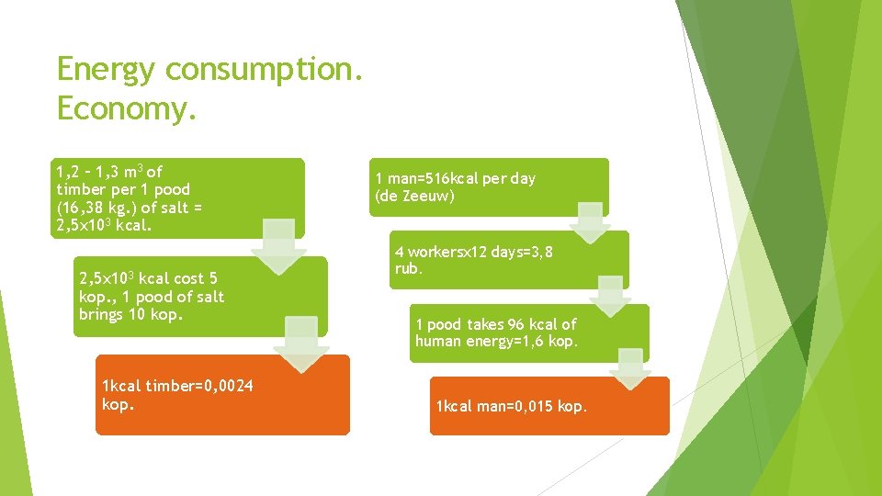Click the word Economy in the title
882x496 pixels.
(127, 108)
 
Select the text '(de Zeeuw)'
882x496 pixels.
(414, 196)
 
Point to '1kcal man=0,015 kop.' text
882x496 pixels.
(511, 406)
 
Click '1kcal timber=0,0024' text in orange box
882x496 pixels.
(177, 386)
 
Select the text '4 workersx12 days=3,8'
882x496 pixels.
(473, 251)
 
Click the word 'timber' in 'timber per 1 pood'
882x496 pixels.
(78, 189)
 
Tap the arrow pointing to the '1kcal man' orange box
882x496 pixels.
(630, 368)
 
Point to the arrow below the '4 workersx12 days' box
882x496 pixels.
(610, 297)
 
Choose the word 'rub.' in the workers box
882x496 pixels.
(408, 268)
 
